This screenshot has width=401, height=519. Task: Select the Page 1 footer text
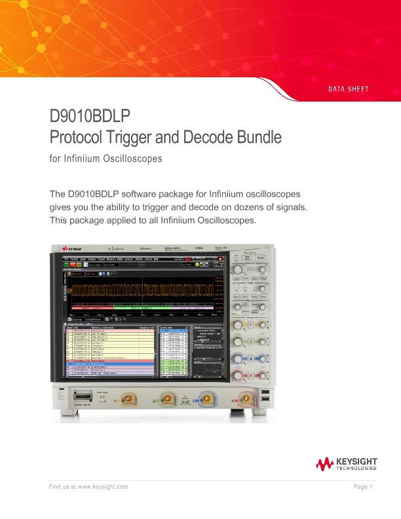(362, 487)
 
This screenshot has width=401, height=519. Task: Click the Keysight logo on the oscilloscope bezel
(72, 250)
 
